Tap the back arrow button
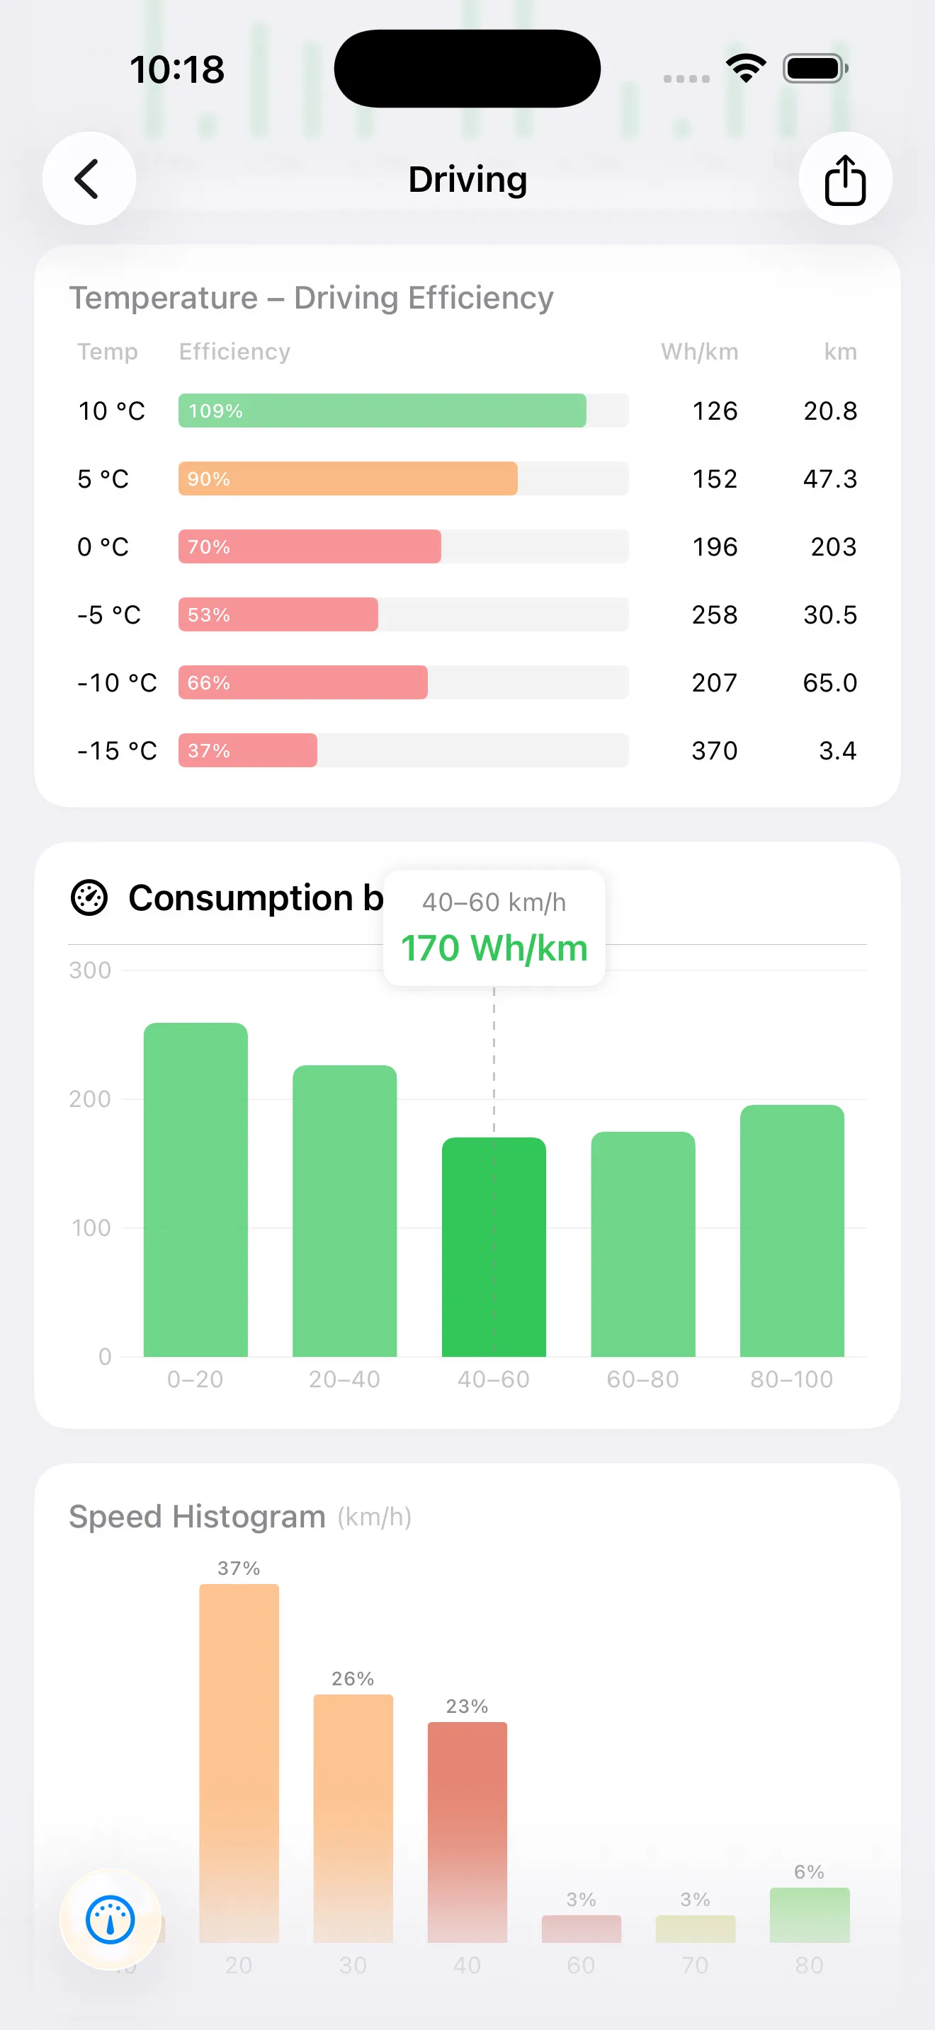[x=89, y=179]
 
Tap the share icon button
[x=845, y=179]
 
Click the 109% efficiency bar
[x=382, y=411]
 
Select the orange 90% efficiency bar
[x=348, y=478]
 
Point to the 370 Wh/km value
[x=714, y=751]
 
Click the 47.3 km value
[x=829, y=479]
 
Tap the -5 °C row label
[x=109, y=614]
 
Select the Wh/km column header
[x=699, y=352]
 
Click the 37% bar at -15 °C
[x=247, y=750]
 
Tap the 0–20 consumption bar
[x=195, y=1190]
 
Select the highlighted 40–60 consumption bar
[x=494, y=1246]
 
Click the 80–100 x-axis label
[x=791, y=1379]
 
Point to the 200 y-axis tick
[x=90, y=1099]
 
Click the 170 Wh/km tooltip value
[x=494, y=948]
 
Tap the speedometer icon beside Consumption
[x=89, y=898]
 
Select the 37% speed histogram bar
[x=239, y=1762]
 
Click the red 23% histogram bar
[x=467, y=1831]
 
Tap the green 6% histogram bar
[x=810, y=1915]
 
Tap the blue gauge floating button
[x=110, y=1920]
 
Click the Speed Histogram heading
[x=197, y=1517]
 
